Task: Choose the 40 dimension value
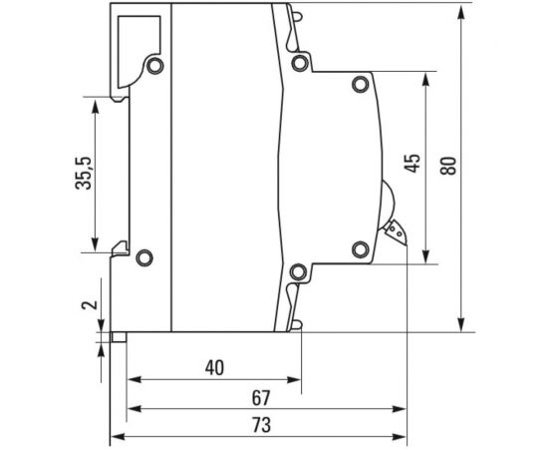(213, 366)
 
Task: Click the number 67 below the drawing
(261, 396)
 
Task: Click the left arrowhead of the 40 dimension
(134, 380)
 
